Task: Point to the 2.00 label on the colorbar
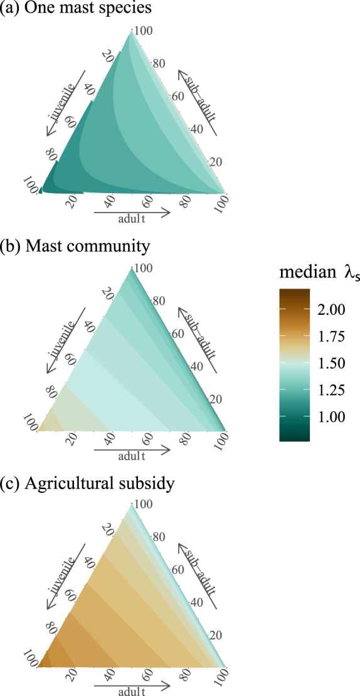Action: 329,309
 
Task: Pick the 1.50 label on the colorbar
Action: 329,363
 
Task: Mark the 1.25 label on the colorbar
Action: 329,390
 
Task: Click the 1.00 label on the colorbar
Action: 329,417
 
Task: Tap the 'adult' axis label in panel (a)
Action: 132,220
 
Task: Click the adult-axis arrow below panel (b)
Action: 132,450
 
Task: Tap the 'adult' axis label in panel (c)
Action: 132,692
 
